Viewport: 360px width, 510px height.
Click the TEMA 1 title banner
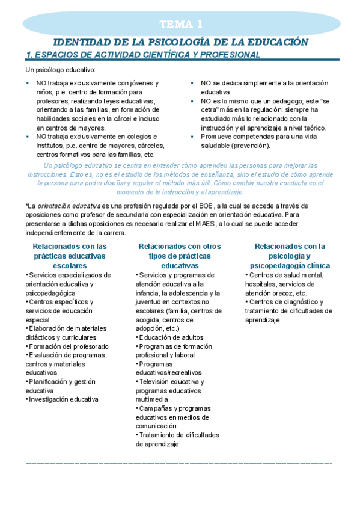(180, 25)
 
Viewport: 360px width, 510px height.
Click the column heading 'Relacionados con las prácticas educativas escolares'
(70, 256)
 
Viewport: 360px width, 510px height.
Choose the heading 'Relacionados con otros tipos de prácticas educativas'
(179, 256)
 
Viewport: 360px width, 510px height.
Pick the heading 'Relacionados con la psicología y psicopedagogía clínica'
(290, 256)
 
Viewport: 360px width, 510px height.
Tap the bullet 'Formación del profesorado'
(68, 346)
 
